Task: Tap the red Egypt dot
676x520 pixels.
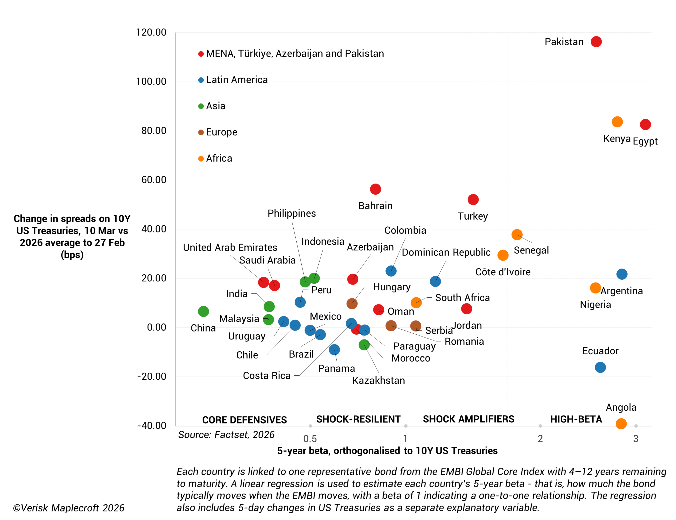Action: pyautogui.click(x=645, y=124)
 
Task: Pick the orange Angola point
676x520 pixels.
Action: pyautogui.click(x=621, y=424)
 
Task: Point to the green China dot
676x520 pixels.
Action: pyautogui.click(x=203, y=311)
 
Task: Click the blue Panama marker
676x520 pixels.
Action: pyautogui.click(x=334, y=350)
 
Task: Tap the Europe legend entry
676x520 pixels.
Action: pyautogui.click(x=221, y=132)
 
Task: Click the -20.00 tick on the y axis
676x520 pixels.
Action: pyautogui.click(x=152, y=376)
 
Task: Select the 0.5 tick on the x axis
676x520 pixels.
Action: pyautogui.click(x=310, y=438)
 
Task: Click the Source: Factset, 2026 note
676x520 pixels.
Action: pyautogui.click(x=226, y=435)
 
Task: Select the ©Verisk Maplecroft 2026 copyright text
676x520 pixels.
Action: pyautogui.click(x=69, y=508)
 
